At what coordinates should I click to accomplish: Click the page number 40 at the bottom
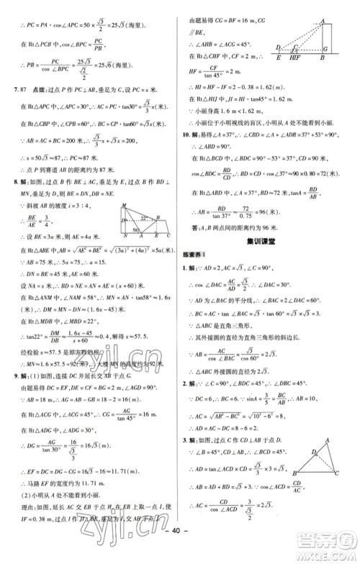click(179, 554)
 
